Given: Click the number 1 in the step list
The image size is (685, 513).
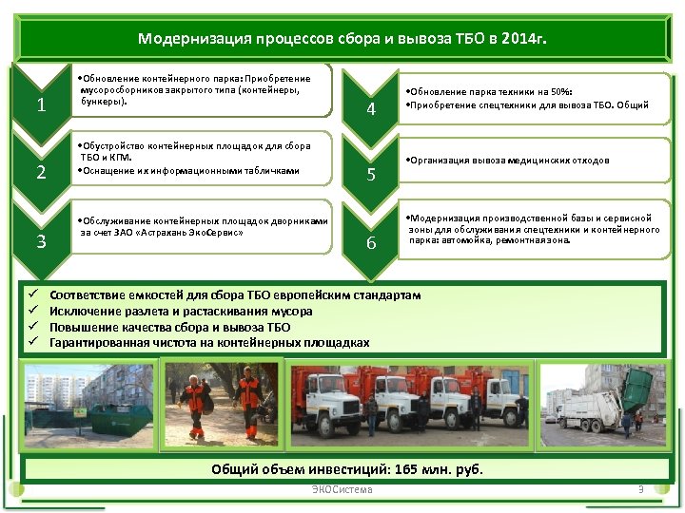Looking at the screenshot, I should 41,105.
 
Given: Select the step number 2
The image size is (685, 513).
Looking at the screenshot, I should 41,172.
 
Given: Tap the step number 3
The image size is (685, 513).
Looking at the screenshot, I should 41,240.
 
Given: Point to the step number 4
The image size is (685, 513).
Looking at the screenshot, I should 372,111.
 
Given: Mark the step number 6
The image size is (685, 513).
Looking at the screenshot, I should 372,243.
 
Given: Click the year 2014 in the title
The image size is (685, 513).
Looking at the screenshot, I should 512,39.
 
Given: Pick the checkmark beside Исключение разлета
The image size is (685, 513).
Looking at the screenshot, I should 31,312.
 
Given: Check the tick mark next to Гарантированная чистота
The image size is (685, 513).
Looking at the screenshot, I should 31,343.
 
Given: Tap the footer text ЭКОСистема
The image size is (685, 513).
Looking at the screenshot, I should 342,490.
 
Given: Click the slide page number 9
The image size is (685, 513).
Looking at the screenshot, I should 641,490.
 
